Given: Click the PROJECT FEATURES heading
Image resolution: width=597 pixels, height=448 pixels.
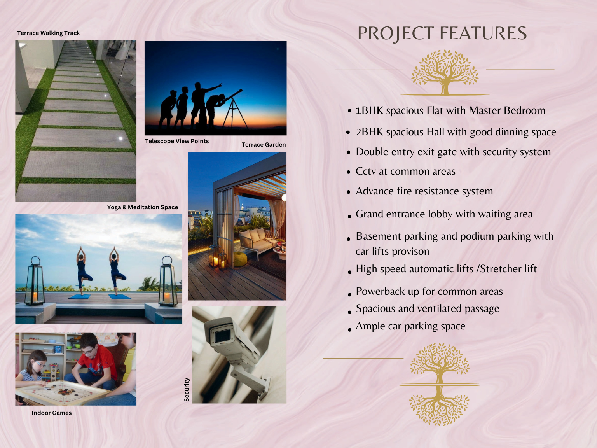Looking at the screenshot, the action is [x=442, y=33].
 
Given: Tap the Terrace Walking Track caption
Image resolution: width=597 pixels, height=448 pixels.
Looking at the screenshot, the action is [x=49, y=33].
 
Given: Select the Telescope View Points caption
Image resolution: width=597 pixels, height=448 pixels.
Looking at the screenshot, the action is [x=177, y=141].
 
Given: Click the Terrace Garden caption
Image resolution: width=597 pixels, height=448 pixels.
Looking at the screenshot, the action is [x=264, y=144].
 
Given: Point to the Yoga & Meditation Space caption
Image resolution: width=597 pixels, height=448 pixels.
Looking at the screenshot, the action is [x=143, y=207].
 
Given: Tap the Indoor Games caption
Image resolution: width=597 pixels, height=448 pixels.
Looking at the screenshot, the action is [x=52, y=413].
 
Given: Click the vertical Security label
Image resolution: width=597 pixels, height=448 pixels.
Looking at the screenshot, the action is [x=186, y=389].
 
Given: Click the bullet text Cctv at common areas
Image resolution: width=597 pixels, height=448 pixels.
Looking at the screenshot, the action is [x=405, y=171].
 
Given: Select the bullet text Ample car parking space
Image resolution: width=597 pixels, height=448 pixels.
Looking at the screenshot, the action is [x=410, y=326].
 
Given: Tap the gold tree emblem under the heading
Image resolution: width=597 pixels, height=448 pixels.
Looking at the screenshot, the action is [x=445, y=72].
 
